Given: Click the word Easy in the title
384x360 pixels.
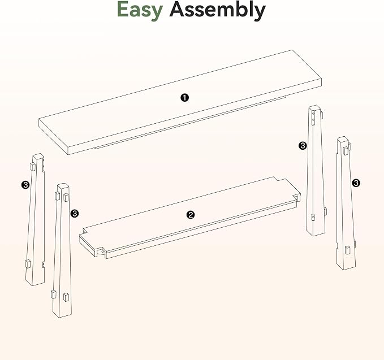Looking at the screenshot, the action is [140, 10].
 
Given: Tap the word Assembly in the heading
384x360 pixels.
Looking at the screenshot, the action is [217, 10].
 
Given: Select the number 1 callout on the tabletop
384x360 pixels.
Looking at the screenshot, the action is [185, 98].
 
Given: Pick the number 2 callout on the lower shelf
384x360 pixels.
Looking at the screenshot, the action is [191, 215].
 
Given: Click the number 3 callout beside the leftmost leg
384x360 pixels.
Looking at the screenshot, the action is [25, 185].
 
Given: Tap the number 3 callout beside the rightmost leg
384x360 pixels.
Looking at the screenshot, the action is [356, 183].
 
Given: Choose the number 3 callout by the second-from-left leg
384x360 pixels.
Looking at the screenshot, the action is [74, 214].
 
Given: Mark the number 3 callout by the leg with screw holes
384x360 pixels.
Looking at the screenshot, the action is [303, 146].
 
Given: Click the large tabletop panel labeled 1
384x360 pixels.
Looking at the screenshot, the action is [180, 102].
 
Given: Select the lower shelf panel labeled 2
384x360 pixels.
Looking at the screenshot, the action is [190, 218].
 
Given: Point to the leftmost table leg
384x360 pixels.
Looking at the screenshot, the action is [35, 219].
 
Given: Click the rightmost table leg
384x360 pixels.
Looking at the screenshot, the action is [346, 203].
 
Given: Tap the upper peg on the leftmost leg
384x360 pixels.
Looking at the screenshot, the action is [33, 167].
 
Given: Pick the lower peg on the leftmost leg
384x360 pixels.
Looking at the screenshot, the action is [28, 264].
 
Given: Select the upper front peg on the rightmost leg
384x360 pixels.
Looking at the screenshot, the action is [346, 151].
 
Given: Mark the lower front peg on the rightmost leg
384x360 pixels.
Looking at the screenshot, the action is [347, 250].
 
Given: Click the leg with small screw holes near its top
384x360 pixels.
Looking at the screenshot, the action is [316, 171].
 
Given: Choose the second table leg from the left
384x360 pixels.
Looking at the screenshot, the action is [62, 250].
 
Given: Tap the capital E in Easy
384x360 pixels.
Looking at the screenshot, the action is [123, 9].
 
